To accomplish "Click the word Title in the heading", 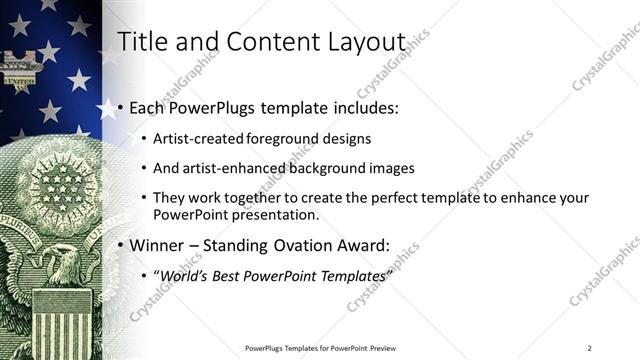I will point(142,42).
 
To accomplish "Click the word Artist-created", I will point(196,139).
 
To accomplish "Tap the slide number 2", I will point(589,347).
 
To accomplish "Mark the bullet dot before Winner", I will point(121,245).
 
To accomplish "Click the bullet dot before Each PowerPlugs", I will point(121,107).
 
